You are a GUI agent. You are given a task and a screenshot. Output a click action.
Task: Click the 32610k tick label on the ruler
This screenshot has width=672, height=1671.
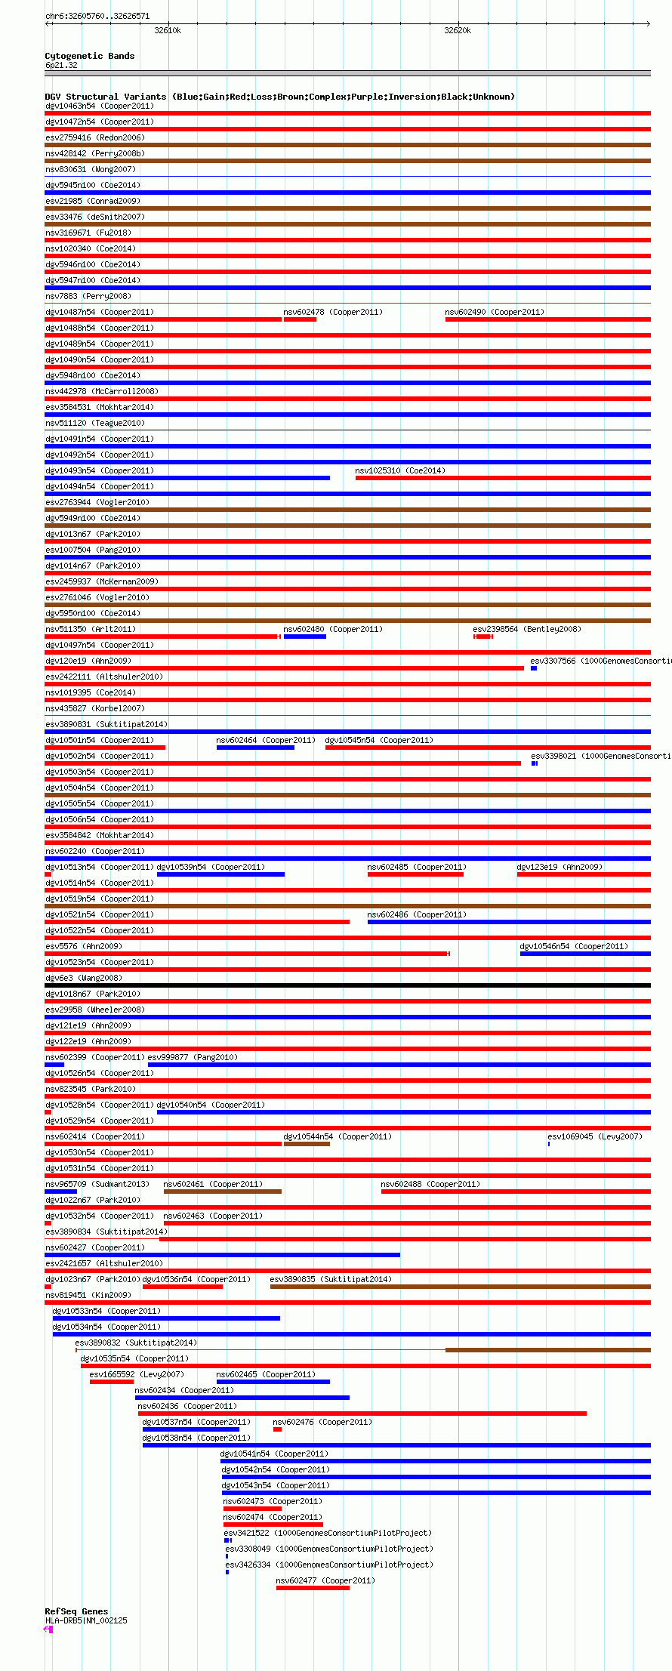pos(167,31)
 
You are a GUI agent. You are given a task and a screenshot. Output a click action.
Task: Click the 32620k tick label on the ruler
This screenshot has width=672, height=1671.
pos(457,31)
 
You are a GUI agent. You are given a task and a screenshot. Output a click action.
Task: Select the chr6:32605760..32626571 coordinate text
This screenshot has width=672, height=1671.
pos(97,16)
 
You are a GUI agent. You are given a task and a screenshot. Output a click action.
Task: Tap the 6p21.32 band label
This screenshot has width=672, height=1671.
pos(61,66)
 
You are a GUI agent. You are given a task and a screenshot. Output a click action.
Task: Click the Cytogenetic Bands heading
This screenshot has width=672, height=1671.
pos(89,56)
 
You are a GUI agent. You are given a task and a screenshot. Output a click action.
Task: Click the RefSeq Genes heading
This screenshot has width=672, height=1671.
pos(76,1611)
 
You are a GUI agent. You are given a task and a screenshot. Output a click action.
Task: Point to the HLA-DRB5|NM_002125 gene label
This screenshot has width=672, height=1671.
pos(86,1620)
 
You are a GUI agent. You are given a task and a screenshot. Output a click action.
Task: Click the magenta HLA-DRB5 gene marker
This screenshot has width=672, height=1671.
pos(49,1629)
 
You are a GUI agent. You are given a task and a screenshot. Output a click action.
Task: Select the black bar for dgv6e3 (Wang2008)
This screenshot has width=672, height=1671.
pos(347,985)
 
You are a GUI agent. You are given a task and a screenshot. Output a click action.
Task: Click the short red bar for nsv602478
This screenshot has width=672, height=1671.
pos(300,319)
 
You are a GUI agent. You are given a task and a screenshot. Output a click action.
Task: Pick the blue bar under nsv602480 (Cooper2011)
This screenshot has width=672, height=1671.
pos(304,637)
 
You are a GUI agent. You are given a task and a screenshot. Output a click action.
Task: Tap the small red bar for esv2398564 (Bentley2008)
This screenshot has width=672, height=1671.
pos(483,637)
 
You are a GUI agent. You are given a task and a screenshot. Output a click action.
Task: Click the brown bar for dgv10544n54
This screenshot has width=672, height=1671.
pos(307,1144)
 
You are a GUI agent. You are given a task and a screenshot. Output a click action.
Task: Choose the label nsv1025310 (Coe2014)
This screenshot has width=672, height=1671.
pos(400,471)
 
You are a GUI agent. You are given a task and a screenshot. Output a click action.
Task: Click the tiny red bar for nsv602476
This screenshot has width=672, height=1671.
pos(277,1429)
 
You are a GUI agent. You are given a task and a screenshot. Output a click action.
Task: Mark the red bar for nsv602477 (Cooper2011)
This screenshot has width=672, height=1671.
pos(313,1588)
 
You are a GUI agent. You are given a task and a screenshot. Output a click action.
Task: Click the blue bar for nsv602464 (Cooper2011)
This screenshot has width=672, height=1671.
pos(255,748)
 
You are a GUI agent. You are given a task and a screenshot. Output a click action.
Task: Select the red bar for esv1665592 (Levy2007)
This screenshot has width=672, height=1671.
pos(111,1382)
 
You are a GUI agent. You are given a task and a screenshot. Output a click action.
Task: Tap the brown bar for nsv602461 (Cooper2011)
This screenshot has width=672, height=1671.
pos(222,1192)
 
